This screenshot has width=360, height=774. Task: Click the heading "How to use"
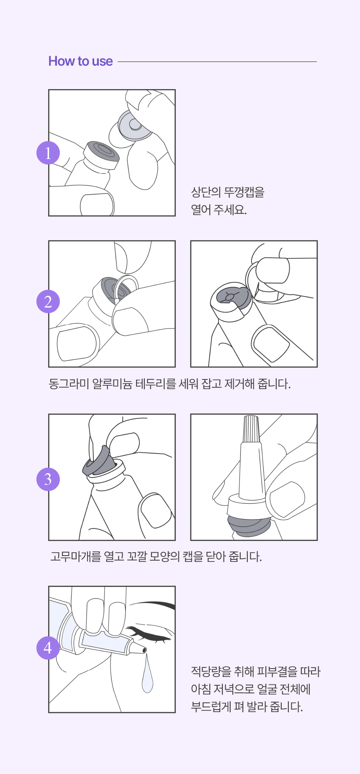coord(80,61)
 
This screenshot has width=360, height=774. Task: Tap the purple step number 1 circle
coord(48,153)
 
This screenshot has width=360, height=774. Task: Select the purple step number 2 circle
coord(48,301)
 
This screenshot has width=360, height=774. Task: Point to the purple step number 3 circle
coord(48,479)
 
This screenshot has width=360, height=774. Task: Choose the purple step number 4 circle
coord(48,648)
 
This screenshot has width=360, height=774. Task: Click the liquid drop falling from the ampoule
coord(147,674)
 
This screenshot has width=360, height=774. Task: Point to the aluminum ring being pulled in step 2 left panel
coord(125,289)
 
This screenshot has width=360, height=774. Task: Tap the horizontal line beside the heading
coord(217,62)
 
